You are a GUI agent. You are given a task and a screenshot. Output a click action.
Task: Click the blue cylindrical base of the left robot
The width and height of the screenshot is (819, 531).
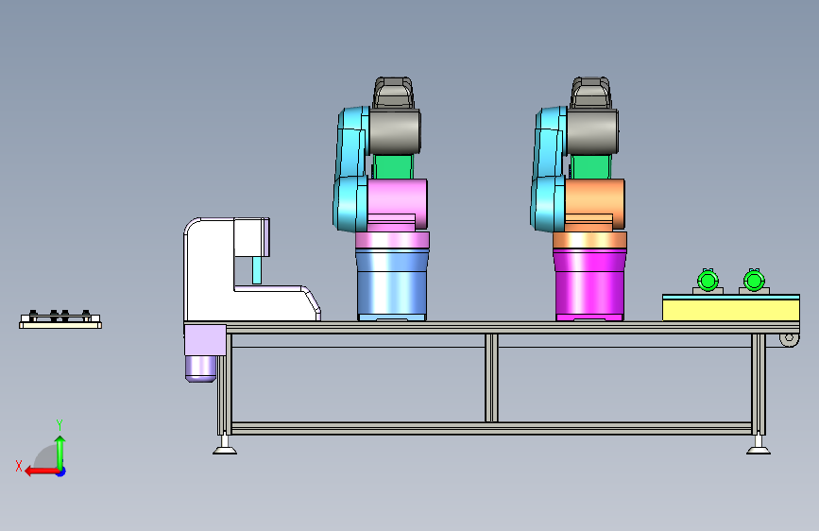(x=392, y=284)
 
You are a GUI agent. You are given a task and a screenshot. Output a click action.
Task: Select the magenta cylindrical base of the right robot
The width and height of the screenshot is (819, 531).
(x=589, y=284)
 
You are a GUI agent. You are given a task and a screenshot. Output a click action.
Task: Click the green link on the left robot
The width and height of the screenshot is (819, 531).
(x=393, y=166)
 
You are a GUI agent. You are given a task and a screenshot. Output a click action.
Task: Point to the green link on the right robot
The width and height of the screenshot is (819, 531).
(x=590, y=166)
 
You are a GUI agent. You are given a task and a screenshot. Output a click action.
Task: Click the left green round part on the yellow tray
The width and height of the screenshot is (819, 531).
(x=708, y=281)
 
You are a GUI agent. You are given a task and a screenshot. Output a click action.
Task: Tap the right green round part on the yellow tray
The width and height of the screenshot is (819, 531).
(x=754, y=281)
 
